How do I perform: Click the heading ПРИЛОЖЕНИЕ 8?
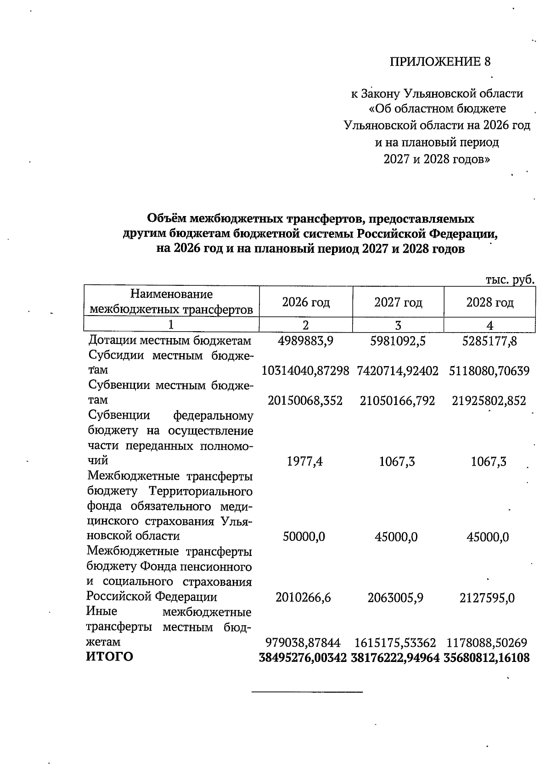tap(440, 62)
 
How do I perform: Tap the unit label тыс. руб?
tap(510, 279)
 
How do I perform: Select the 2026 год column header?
tap(306, 302)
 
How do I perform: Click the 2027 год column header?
tap(398, 302)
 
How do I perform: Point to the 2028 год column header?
tap(489, 302)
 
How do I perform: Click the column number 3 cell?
tap(398, 325)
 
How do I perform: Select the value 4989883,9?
tap(305, 341)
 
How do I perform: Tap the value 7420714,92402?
tap(398, 370)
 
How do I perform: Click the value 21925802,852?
tap(489, 400)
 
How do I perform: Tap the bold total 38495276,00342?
tap(303, 658)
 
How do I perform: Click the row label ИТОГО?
tap(110, 657)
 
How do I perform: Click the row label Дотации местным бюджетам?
tap(170, 341)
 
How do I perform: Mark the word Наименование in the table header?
tap(171, 294)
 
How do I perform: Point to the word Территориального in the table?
tap(201, 492)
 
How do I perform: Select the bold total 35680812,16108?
tap(487, 658)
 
